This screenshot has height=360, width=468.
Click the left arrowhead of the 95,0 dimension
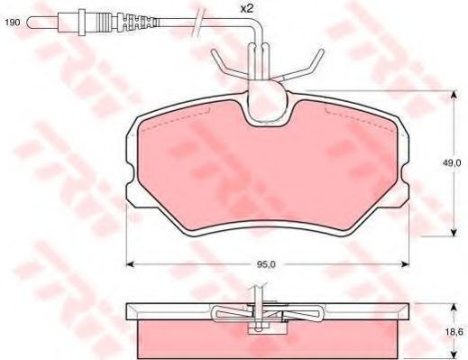click(128, 264)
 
